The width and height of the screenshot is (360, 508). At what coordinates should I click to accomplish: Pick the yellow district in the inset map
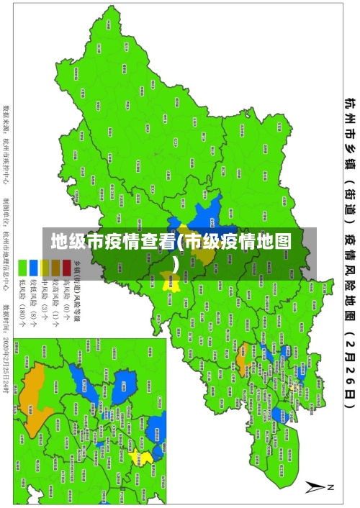pos(145,458)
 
